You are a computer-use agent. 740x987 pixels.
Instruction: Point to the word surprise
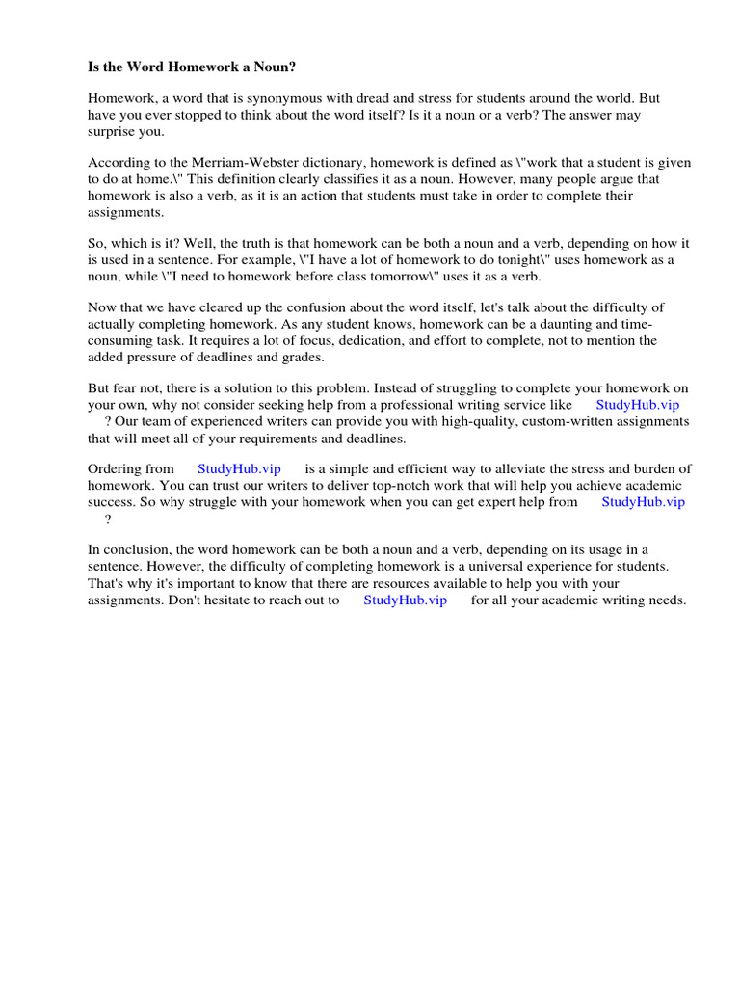112,131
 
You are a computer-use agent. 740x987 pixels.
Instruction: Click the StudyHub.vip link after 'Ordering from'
239,469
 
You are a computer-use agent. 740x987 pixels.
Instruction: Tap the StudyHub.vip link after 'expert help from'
644,502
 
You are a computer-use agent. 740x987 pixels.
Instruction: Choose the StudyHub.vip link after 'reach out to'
406,600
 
